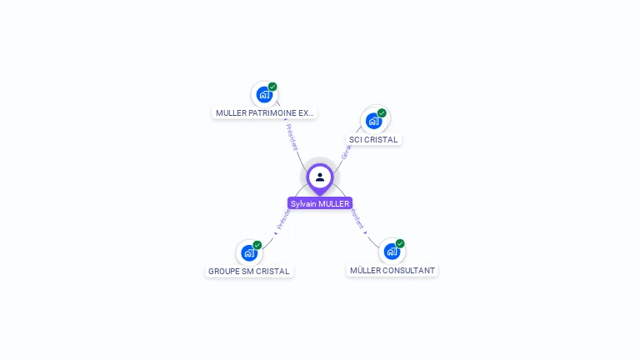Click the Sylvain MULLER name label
click(x=320, y=203)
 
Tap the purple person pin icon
click(x=320, y=177)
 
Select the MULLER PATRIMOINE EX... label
click(x=265, y=112)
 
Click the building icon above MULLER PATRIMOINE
click(x=264, y=94)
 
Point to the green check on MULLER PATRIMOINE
click(x=272, y=87)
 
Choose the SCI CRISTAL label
click(x=373, y=139)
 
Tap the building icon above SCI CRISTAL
click(x=374, y=121)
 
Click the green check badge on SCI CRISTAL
click(x=382, y=113)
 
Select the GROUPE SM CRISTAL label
click(x=249, y=271)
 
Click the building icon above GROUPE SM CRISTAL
click(x=249, y=252)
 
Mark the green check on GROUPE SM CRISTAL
click(x=257, y=245)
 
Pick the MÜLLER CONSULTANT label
click(x=392, y=270)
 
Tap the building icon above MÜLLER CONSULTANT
click(x=392, y=251)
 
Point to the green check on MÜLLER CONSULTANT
click(x=400, y=244)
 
